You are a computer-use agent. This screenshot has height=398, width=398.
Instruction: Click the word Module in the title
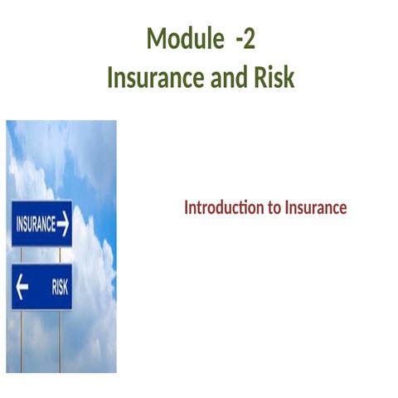pyautogui.click(x=179, y=39)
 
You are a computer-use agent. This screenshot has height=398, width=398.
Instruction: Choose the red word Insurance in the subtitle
pyautogui.click(x=315, y=207)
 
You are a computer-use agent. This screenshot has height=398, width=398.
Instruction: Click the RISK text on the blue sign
pyautogui.click(x=60, y=287)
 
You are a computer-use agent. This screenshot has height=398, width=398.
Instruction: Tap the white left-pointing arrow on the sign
pyautogui.click(x=22, y=287)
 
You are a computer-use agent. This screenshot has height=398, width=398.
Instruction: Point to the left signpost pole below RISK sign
pyautogui.click(x=21, y=340)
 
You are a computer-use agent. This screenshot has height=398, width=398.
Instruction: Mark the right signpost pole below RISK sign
pyautogui.click(x=60, y=340)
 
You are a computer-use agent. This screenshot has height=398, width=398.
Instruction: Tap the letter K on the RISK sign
pyautogui.click(x=66, y=287)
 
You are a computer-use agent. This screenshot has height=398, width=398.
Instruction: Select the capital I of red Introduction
pyautogui.click(x=187, y=207)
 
